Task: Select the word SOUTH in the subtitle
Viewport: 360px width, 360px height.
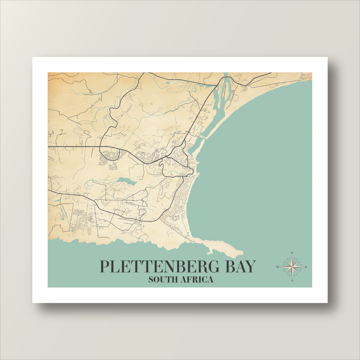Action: point(162,280)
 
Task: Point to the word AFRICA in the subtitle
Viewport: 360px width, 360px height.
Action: point(197,280)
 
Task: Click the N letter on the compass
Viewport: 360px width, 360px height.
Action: point(292,253)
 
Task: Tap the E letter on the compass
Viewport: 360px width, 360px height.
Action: point(306,267)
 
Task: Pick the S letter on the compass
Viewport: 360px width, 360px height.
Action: point(292,281)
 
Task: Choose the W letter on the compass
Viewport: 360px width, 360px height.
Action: point(278,267)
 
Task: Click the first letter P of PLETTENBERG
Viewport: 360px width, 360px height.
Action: point(104,267)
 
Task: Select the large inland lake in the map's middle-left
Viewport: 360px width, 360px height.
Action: point(127,182)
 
